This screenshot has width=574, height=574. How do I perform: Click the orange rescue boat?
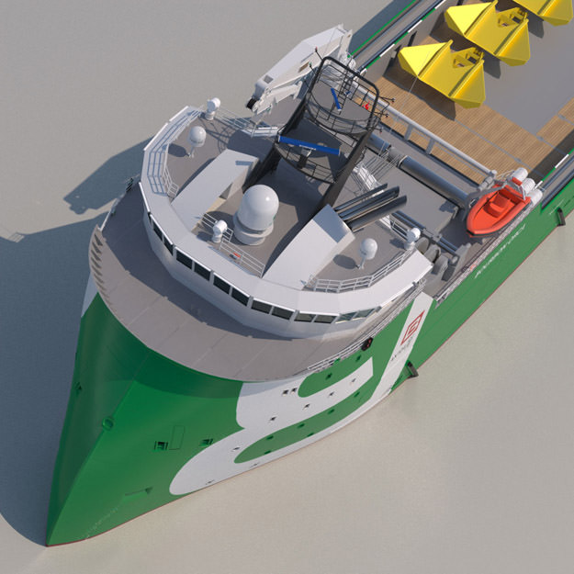496,209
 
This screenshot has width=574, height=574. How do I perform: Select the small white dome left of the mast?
197,135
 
